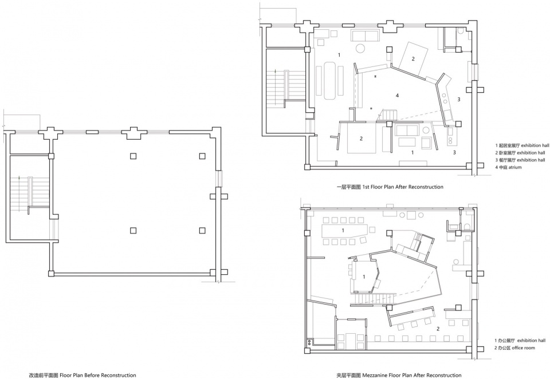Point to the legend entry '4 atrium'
pos(508,167)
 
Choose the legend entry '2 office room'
pos(515,348)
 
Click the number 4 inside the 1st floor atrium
pos(397,96)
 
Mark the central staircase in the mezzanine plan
pos(371,299)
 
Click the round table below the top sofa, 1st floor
pos(360,48)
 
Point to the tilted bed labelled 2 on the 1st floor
pos(413,58)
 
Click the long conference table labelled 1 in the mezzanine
pos(344,231)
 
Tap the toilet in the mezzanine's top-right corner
pos(467,226)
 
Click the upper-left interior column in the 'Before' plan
pos(133,156)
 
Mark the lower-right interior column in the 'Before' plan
pos(202,230)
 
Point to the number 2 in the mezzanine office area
pos(438,329)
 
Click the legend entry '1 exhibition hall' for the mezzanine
pos(520,341)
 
